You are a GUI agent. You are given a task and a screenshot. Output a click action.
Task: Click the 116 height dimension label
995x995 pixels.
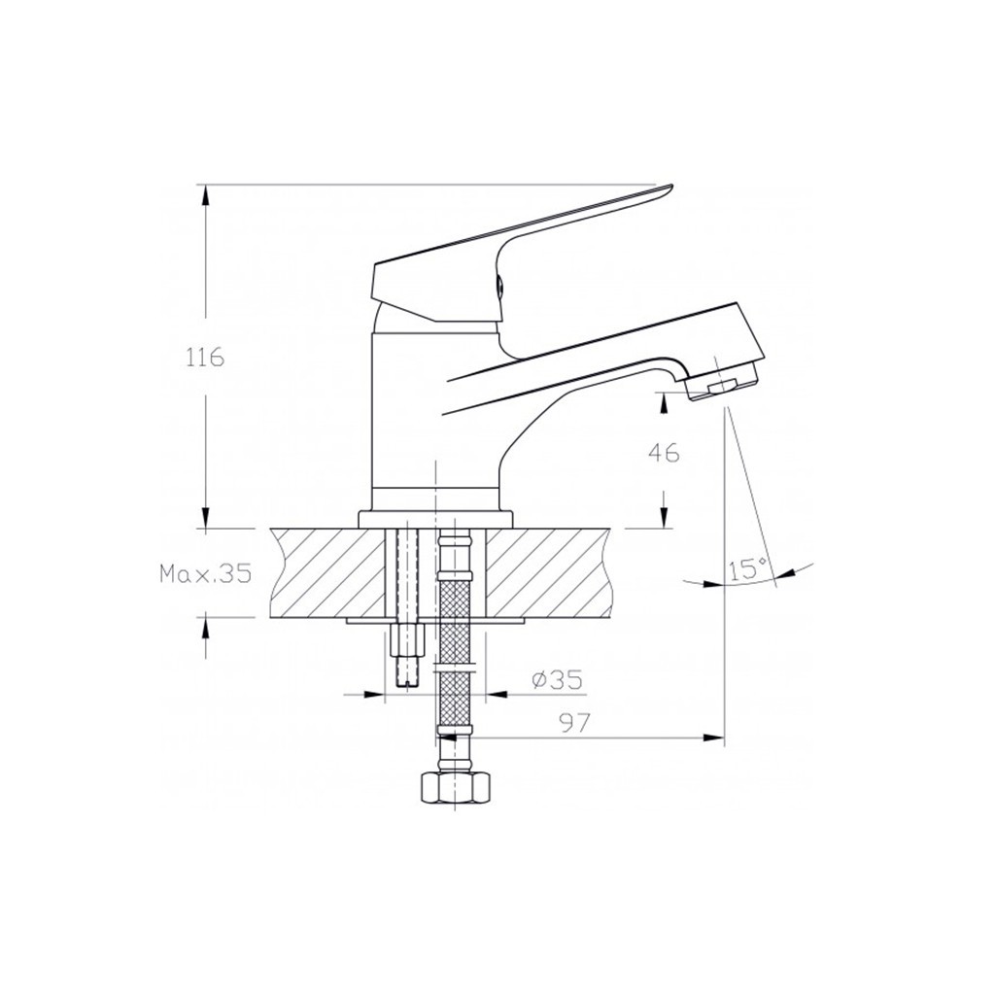coord(205,358)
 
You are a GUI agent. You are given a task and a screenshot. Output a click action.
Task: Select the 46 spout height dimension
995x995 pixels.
coord(664,453)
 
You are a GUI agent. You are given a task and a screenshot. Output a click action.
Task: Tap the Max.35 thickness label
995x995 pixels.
coord(206,574)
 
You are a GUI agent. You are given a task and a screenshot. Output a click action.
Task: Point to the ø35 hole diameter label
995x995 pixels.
coord(557,680)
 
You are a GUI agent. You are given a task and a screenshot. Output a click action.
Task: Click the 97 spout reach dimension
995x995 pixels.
coord(573,722)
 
